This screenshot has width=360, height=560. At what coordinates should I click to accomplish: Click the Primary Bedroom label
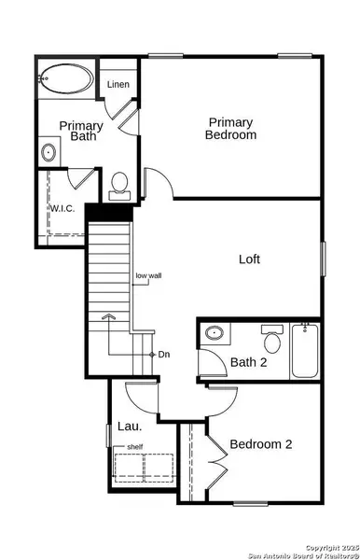pyautogui.click(x=231, y=129)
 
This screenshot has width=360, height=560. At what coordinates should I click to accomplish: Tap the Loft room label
pyautogui.click(x=248, y=259)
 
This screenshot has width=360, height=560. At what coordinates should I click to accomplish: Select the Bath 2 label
pyautogui.click(x=249, y=362)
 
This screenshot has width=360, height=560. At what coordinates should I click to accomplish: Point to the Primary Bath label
pyautogui.click(x=81, y=131)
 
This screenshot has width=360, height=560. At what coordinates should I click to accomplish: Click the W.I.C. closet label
pyautogui.click(x=62, y=208)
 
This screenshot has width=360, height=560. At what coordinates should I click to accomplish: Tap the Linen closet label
pyautogui.click(x=118, y=86)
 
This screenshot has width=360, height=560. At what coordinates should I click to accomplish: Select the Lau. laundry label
pyautogui.click(x=130, y=426)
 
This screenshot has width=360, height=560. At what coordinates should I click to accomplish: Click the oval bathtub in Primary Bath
pyautogui.click(x=64, y=78)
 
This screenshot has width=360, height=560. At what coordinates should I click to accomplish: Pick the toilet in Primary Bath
pyautogui.click(x=119, y=186)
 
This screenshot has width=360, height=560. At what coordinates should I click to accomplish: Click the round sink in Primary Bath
pyautogui.click(x=49, y=151)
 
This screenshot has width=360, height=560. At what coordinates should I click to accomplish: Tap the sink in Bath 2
pyautogui.click(x=214, y=333)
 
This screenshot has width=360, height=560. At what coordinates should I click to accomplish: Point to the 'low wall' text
pyautogui.click(x=148, y=275)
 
